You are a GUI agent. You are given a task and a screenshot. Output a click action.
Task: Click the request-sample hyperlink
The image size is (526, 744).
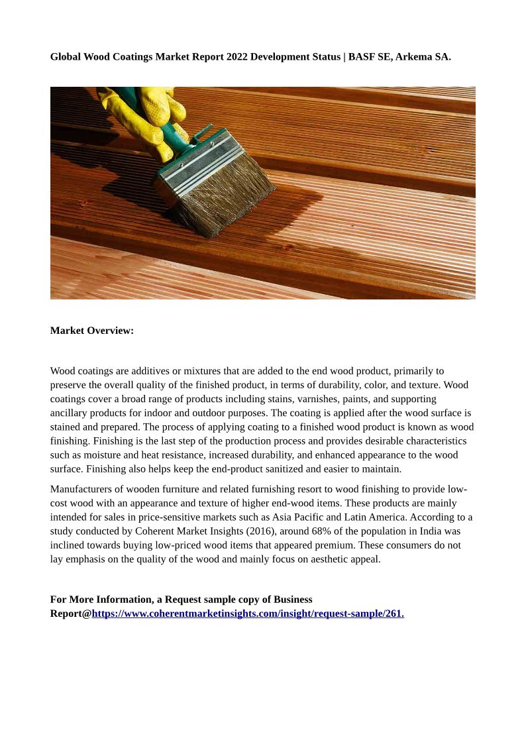pos(248,613)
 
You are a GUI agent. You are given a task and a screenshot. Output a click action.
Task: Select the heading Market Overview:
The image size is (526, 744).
pos(92,331)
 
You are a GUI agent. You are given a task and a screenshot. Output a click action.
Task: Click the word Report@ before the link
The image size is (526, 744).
pos(71,613)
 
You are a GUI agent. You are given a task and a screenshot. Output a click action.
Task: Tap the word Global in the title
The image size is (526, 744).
pos(65,57)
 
